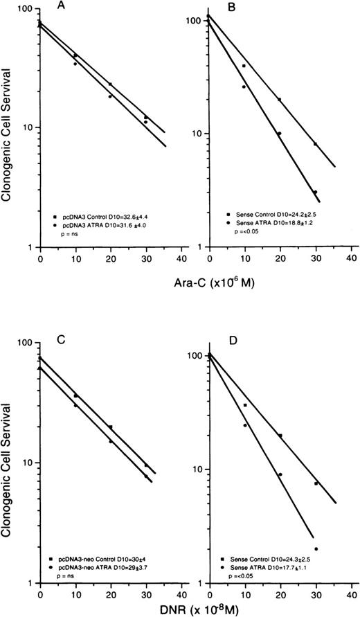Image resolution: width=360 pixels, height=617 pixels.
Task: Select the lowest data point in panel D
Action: [x=316, y=548]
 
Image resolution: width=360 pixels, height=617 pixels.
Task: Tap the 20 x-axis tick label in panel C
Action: [x=111, y=593]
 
